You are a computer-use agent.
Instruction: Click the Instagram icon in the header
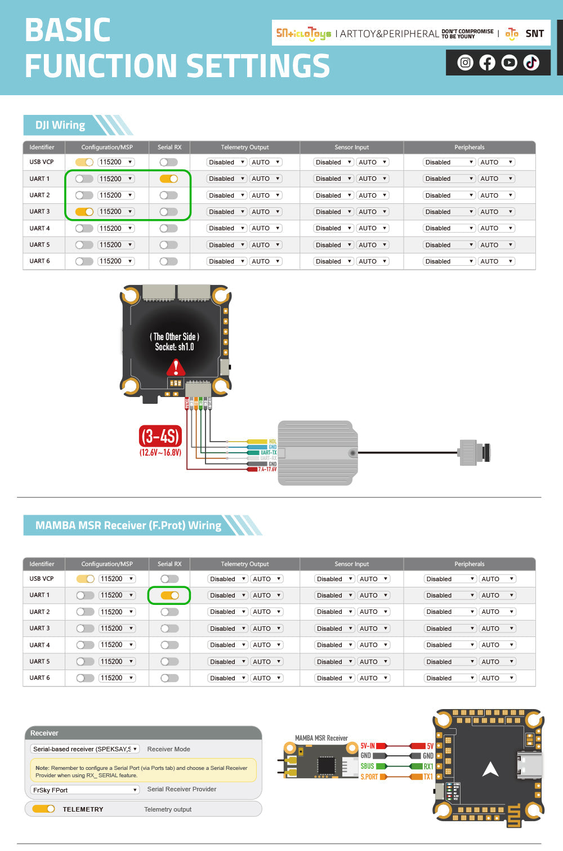[x=465, y=63]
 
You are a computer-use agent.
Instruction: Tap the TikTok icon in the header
[x=531, y=63]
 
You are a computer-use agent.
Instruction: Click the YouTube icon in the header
[x=509, y=63]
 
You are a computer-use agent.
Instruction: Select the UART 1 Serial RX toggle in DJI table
[x=169, y=179]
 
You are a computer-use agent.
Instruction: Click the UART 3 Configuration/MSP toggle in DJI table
[x=84, y=212]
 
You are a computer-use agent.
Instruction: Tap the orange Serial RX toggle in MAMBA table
[x=169, y=595]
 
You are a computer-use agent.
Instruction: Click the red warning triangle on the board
[x=176, y=368]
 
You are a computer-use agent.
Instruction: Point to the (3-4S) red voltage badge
[x=160, y=436]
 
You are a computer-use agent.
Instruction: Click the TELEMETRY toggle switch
[x=43, y=809]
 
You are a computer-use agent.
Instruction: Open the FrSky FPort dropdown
[x=84, y=790]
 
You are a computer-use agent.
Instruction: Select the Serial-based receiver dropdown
[x=84, y=749]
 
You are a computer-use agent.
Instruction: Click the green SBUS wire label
[x=368, y=766]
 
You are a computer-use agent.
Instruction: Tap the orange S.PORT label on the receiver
[x=369, y=777]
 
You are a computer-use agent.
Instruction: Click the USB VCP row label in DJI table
[x=42, y=162]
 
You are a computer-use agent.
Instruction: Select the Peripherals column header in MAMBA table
[x=469, y=564]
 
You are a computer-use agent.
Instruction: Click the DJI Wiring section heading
[x=60, y=125]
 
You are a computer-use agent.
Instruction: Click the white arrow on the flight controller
[x=490, y=769]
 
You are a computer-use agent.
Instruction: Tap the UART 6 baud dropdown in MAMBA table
[x=117, y=678]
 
